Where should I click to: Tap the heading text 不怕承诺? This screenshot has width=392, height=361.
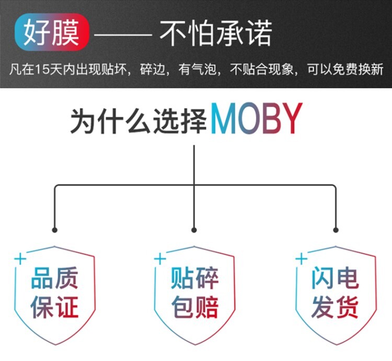click(x=216, y=33)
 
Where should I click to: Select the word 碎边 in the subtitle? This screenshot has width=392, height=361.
click(x=154, y=69)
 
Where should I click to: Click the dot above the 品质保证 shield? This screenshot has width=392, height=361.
click(x=55, y=230)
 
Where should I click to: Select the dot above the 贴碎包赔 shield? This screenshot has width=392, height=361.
click(x=194, y=230)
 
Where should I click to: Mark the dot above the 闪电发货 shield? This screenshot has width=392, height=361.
click(x=336, y=230)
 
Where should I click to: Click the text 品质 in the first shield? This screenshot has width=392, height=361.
click(x=54, y=278)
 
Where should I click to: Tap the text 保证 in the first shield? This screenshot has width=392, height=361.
click(x=54, y=307)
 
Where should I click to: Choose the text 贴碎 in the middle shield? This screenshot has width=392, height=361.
click(x=194, y=278)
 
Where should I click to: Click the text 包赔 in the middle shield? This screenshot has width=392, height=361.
click(x=194, y=307)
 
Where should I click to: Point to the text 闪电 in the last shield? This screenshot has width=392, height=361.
click(x=335, y=278)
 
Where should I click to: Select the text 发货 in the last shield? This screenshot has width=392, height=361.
click(x=335, y=307)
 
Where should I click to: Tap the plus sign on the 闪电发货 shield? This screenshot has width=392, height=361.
click(x=301, y=258)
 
